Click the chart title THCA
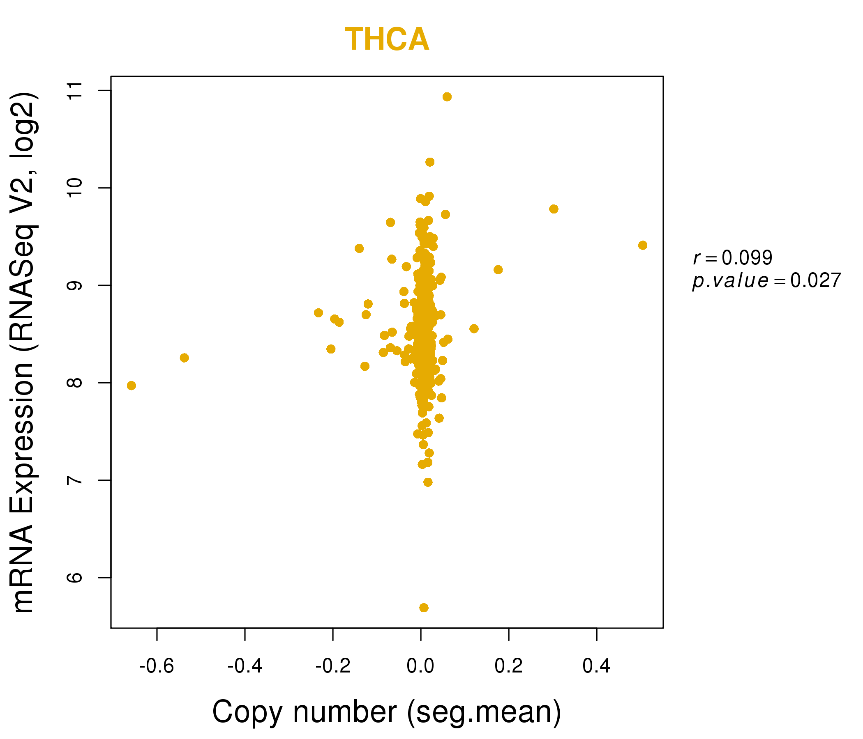(387, 39)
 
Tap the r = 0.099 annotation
(733, 258)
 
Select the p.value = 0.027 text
(766, 281)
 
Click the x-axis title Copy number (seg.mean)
(387, 712)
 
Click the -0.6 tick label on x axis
(156, 666)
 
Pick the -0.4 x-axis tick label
(245, 666)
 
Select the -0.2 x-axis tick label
(333, 666)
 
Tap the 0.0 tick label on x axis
(420, 666)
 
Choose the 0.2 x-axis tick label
(509, 666)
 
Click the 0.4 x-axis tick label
(596, 666)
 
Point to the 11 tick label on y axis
(75, 91)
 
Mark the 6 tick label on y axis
(75, 578)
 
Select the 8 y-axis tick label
(75, 383)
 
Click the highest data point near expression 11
(447, 97)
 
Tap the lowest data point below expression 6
(424, 608)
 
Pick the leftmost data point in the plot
(131, 386)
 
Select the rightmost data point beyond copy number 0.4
(643, 246)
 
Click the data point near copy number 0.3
(554, 209)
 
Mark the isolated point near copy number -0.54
(184, 358)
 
